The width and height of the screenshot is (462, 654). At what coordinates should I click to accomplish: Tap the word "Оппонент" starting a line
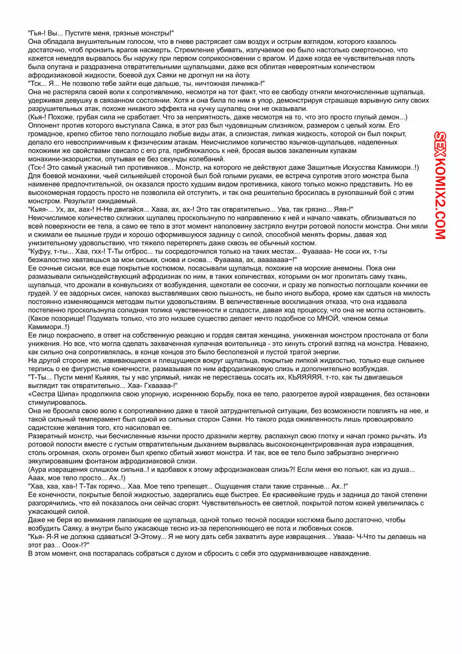click(43, 125)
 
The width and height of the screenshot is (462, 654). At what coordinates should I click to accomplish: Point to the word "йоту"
click(240, 75)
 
